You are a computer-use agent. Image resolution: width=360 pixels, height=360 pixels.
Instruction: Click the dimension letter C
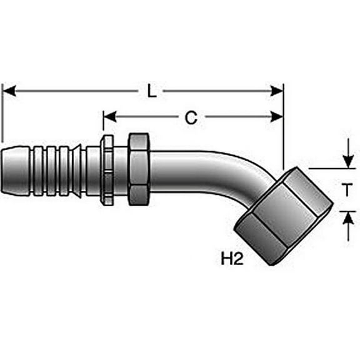click(x=192, y=117)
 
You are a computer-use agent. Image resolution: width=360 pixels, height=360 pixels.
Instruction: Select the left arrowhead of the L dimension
click(x=8, y=91)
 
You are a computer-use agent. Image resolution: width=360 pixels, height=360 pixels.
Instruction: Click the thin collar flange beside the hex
click(x=107, y=169)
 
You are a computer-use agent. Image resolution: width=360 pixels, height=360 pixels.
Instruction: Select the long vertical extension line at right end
click(x=283, y=125)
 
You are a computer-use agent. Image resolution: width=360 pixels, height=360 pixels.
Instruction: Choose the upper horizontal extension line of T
click(x=331, y=168)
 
